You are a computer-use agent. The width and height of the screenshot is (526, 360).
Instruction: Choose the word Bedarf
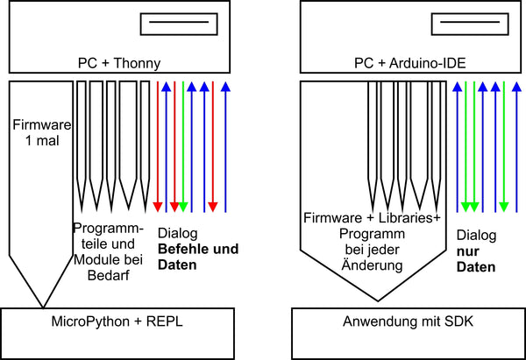108,274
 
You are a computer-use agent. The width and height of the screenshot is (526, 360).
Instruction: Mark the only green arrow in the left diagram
183,145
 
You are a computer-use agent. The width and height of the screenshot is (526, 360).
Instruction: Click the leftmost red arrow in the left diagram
157,145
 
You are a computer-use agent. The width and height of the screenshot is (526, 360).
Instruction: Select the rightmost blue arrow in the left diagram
226,145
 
